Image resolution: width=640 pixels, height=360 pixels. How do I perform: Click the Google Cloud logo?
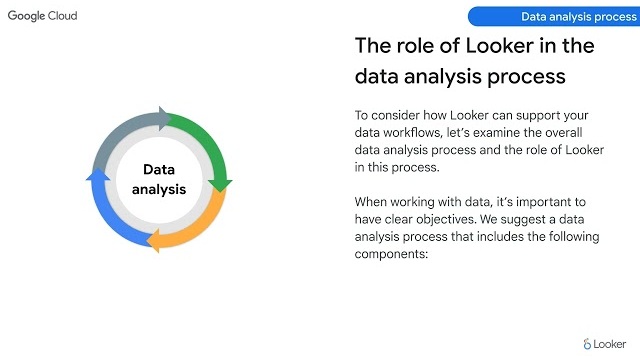tap(42, 16)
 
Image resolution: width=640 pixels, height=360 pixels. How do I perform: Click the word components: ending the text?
tap(391, 254)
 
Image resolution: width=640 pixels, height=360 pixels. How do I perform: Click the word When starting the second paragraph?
tap(372, 202)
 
